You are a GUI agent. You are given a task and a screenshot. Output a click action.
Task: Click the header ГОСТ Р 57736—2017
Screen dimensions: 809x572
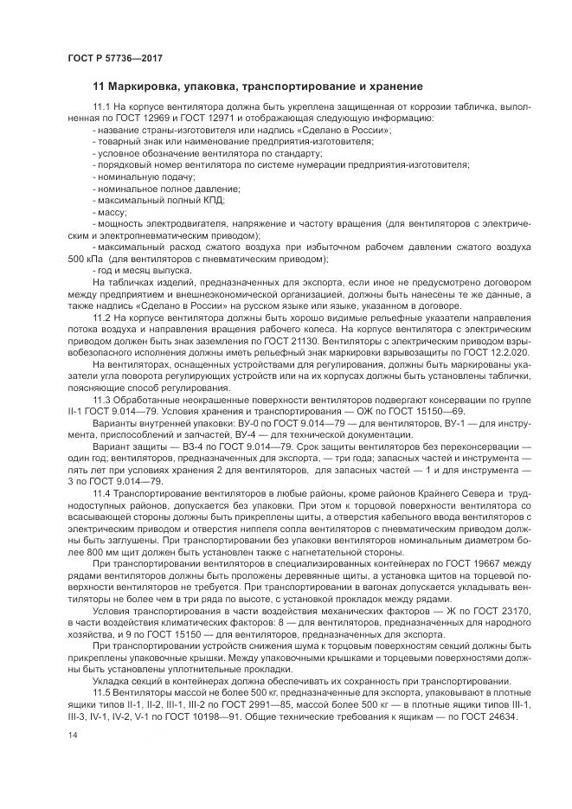pyautogui.click(x=114, y=58)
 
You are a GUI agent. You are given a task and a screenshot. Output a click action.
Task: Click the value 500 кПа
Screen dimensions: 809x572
pyautogui.click(x=87, y=259)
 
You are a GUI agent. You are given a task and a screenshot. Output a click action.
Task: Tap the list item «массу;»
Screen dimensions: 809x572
pyautogui.click(x=111, y=211)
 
